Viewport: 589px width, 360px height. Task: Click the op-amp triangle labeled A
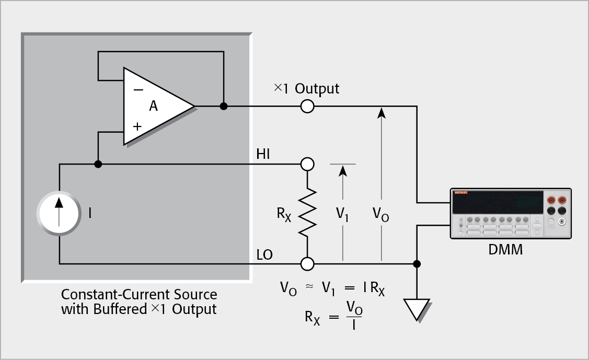154,107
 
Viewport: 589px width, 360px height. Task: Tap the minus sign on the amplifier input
138,89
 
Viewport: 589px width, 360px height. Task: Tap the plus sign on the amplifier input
138,126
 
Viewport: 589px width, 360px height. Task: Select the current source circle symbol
59,214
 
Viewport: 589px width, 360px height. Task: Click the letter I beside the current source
90,213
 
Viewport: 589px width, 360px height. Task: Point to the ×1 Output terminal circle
307,107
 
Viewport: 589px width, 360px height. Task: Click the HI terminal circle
307,165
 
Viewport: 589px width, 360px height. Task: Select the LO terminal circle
307,263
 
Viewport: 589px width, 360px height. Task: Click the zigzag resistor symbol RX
307,213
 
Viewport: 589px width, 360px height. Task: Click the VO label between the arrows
381,215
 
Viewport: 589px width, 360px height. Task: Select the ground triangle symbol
417,309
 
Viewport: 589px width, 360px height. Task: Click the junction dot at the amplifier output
224,107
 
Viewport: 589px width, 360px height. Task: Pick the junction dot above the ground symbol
417,263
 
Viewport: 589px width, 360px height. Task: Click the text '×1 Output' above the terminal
307,88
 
